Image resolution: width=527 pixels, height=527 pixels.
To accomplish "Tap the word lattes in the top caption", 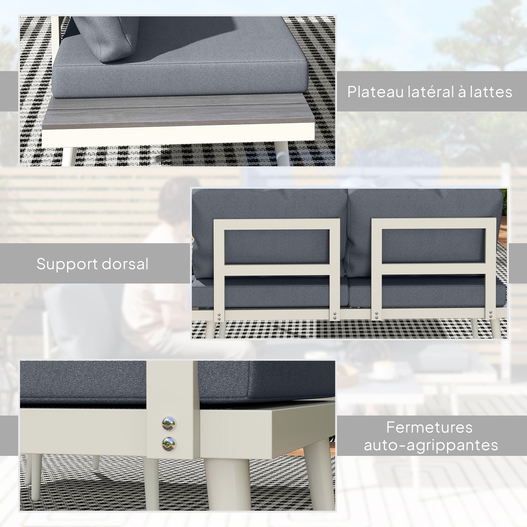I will coord(491,92).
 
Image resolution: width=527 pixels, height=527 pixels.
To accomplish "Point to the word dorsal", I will coord(125,264).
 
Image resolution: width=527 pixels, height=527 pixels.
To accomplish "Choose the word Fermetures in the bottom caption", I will coord(429,427).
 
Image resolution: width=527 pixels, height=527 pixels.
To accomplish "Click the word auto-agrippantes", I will coord(431,445).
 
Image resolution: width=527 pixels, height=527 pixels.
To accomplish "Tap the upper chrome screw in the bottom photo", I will coord(169,424).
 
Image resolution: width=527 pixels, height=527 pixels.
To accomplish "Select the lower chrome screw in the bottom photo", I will coord(169,443).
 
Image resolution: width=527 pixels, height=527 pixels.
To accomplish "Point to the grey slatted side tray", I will coord(179,109).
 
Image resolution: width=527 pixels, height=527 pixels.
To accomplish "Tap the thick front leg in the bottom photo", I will coord(228,483).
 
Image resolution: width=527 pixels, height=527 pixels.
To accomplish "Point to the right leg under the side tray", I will coord(283,153).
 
